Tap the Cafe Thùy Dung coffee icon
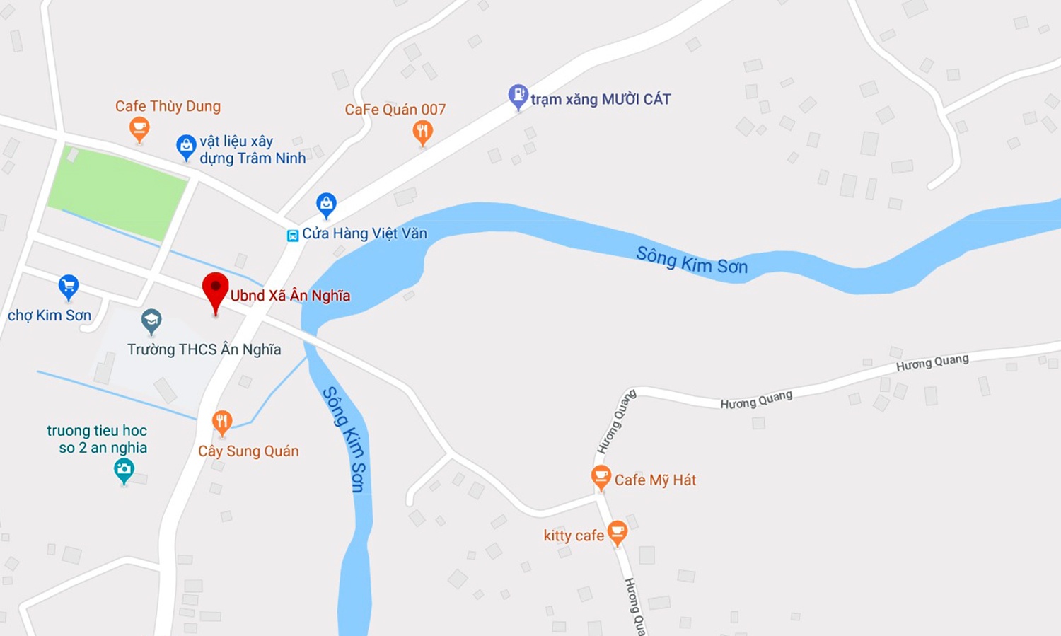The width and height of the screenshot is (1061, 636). point(139,129)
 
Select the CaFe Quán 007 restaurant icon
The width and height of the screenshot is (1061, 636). point(423,132)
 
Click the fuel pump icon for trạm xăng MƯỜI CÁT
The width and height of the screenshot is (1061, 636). point(518,96)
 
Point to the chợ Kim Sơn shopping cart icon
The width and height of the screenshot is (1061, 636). point(69,287)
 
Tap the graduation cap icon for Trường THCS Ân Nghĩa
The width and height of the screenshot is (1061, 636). point(151,320)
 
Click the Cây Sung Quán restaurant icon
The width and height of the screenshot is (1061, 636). point(222,422)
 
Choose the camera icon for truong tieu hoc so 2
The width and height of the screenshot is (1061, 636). point(124,469)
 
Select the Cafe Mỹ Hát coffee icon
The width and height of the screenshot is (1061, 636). point(601,477)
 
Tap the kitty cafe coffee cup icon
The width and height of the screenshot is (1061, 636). point(618,531)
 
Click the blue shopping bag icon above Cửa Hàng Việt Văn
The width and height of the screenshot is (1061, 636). point(326,204)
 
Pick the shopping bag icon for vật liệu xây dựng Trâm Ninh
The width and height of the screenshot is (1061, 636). point(186,146)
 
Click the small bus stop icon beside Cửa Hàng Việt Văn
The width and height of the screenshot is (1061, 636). point(292,236)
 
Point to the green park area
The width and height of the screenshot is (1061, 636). point(117,191)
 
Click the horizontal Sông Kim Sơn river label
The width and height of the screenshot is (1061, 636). point(691,261)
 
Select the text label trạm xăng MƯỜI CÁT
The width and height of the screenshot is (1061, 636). point(601,99)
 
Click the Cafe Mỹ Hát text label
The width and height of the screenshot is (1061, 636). point(655,480)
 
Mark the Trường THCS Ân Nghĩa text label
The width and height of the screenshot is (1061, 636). point(204,349)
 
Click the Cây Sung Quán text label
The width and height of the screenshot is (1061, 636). point(248,451)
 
